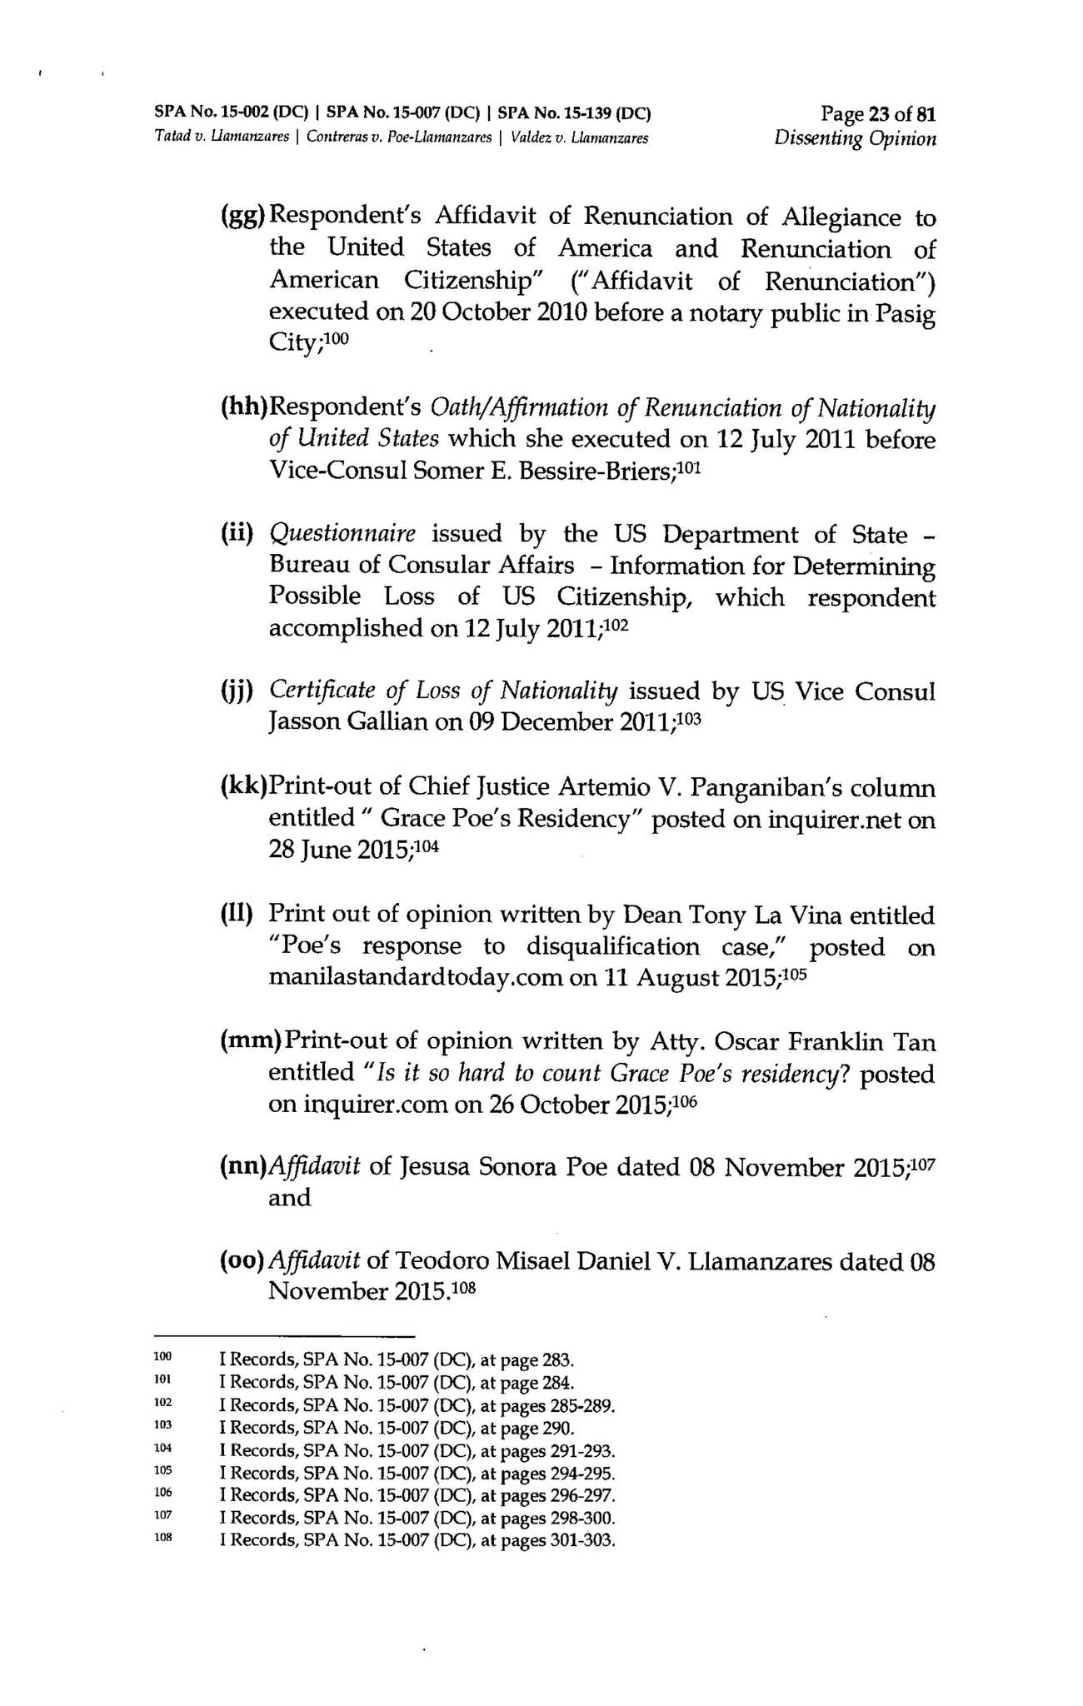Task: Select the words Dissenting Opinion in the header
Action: pyautogui.click(x=855, y=138)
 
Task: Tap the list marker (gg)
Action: pyautogui.click(x=242, y=217)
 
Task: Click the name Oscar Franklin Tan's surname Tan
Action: pyautogui.click(x=914, y=1042)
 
